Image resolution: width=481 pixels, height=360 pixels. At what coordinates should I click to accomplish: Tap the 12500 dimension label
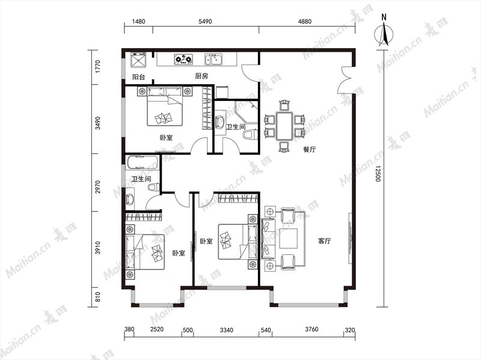pos(378,174)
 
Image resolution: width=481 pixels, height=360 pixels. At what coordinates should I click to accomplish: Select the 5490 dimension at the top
pos(205,22)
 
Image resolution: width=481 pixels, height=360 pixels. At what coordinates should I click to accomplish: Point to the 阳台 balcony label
pos(138,77)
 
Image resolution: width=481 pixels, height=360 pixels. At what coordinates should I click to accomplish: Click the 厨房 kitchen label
pos(201,76)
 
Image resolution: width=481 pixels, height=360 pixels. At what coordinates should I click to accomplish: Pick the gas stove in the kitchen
pos(183,59)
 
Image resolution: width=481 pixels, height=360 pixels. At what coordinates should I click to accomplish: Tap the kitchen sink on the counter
pos(213,59)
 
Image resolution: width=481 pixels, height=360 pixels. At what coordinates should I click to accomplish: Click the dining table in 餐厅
pos(284,126)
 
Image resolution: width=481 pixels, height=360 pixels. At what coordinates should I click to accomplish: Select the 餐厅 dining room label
pos(310,150)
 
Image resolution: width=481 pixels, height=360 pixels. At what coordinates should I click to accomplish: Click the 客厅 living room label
pos(324,241)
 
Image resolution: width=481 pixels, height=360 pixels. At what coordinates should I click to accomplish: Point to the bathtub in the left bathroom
pos(142,162)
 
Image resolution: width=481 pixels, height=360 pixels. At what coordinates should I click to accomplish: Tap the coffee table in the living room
pos(289,238)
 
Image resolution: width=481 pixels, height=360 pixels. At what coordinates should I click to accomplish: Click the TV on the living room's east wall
pos(350,238)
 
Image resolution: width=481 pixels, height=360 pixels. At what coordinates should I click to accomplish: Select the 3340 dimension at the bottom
pos(227,331)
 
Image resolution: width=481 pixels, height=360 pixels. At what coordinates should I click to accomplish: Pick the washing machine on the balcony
pos(139,60)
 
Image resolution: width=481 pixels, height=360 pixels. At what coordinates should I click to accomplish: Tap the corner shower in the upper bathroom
pos(246,112)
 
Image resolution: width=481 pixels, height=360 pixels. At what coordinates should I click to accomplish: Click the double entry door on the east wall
pos(345,80)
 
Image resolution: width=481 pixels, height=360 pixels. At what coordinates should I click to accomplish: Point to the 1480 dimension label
pos(138,22)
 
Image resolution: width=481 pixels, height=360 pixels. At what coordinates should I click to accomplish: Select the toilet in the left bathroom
pos(153,187)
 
